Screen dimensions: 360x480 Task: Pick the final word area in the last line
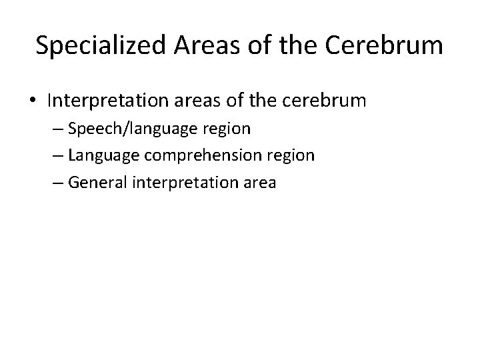click(257, 181)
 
